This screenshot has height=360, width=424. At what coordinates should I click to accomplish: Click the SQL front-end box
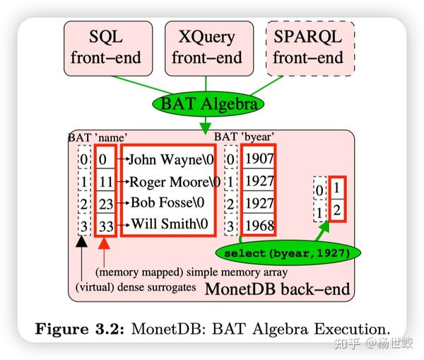(x=105, y=46)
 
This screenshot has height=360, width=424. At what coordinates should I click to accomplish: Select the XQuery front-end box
(x=206, y=46)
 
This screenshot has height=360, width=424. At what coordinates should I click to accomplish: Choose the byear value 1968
(x=258, y=226)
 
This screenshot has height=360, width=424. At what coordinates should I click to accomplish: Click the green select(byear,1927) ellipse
(x=288, y=252)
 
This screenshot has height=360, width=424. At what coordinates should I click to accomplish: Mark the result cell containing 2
(x=337, y=209)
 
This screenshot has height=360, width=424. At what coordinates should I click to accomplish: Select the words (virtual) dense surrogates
(x=136, y=287)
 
